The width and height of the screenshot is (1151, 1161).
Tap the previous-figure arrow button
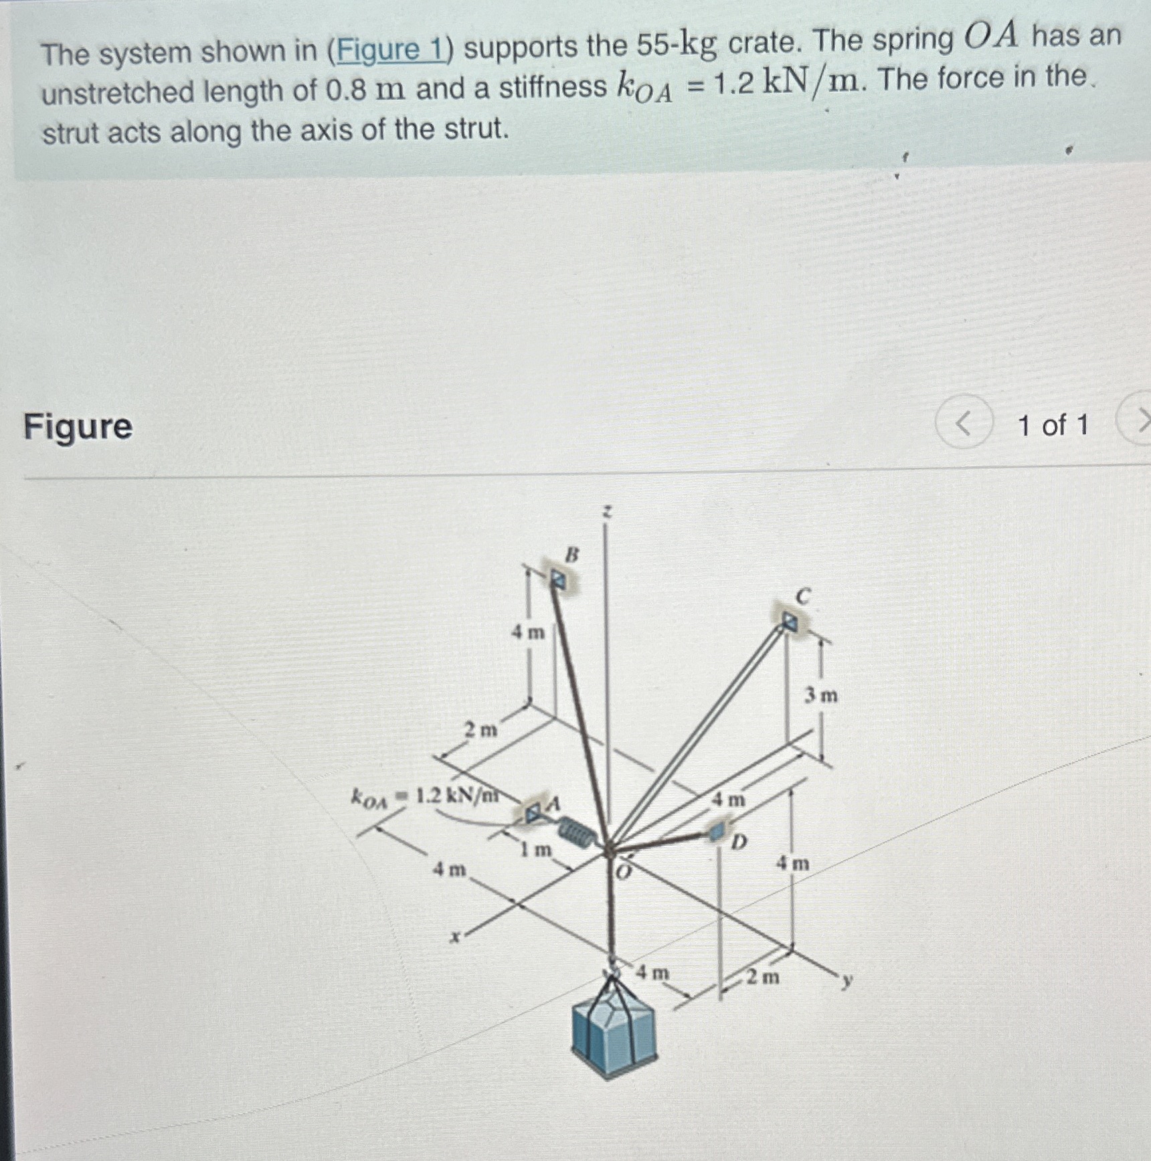[964, 423]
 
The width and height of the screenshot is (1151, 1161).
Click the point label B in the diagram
[572, 555]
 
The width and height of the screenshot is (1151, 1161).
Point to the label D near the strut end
[738, 842]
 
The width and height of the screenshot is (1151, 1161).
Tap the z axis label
[606, 513]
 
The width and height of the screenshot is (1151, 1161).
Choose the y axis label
[847, 981]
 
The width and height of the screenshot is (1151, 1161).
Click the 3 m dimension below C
[820, 696]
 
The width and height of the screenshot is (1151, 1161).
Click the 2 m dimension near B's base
[481, 729]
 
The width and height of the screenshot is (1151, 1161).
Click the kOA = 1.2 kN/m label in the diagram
[426, 796]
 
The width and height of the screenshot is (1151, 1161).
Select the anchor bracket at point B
[557, 579]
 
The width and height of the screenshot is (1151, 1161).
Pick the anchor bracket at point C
[790, 622]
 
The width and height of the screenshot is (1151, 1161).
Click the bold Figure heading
[78, 427]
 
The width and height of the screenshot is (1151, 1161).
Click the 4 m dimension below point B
[528, 632]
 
